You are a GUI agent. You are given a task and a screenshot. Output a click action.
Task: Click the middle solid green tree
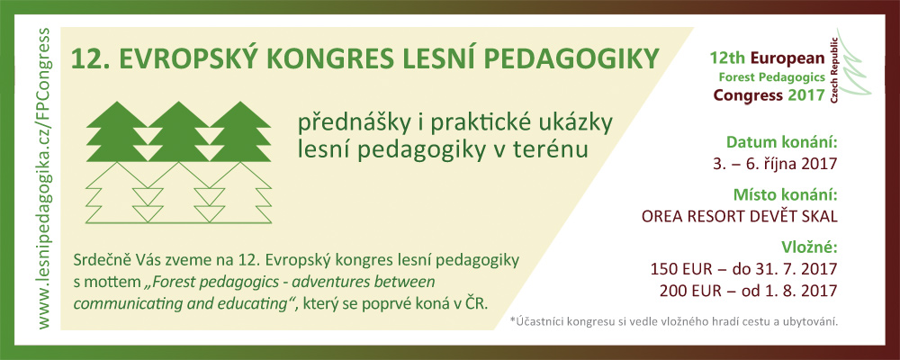[178, 131]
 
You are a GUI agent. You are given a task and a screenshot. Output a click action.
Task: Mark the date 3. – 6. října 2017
[774, 165]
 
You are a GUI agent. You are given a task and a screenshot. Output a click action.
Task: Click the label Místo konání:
[786, 194]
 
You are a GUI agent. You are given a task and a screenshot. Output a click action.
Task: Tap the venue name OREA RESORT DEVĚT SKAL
[739, 217]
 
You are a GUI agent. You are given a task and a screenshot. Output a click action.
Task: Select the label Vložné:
[809, 247]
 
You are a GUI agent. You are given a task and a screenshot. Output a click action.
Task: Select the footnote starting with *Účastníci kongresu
[674, 321]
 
